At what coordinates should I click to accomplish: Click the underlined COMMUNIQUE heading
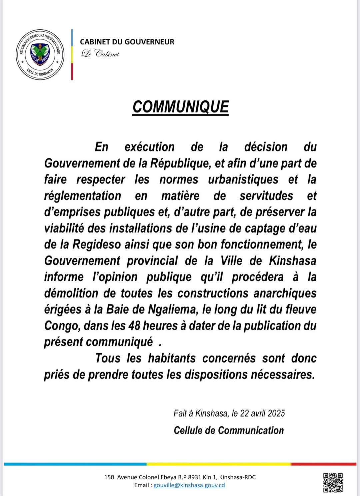point(181,107)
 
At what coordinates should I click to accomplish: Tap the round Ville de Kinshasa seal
point(40,54)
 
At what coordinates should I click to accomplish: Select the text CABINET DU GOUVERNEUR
point(127,42)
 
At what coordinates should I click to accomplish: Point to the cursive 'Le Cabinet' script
point(100,53)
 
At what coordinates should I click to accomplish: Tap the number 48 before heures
point(134,326)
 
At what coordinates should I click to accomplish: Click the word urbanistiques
point(243,179)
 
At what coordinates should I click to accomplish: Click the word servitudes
point(266,196)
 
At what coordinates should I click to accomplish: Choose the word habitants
point(172,358)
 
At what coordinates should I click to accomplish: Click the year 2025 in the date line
point(276,414)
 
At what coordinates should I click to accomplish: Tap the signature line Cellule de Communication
point(229,430)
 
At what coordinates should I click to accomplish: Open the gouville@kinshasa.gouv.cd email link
point(189,485)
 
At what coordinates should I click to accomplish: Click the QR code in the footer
point(333,482)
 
